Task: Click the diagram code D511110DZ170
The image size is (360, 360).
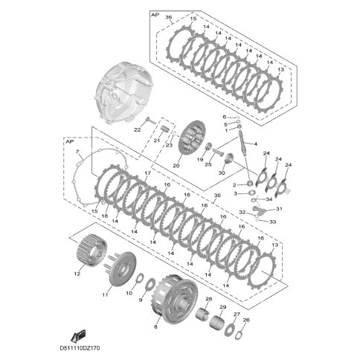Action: click(80, 348)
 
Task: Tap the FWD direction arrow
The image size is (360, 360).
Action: click(78, 336)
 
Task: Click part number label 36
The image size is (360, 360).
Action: click(168, 17)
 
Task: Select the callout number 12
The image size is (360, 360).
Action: click(77, 274)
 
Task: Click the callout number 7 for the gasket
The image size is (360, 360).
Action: click(77, 151)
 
